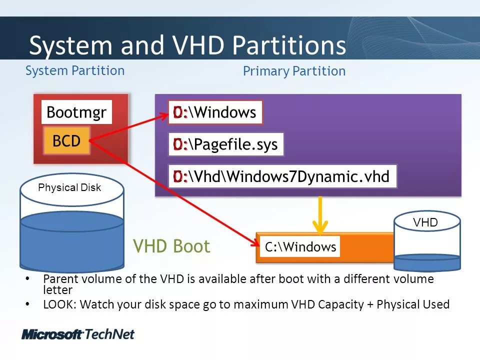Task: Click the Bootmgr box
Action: (76, 112)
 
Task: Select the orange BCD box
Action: (66, 141)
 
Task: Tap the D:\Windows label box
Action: (215, 112)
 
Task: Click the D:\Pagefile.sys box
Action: (226, 145)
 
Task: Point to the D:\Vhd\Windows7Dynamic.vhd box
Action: (282, 176)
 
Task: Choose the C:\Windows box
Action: (300, 247)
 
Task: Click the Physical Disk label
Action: (69, 188)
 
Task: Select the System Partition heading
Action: (75, 70)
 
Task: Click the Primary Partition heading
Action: (294, 71)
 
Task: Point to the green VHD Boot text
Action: (171, 246)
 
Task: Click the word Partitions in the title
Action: (289, 46)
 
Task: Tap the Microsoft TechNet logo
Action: (78, 334)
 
